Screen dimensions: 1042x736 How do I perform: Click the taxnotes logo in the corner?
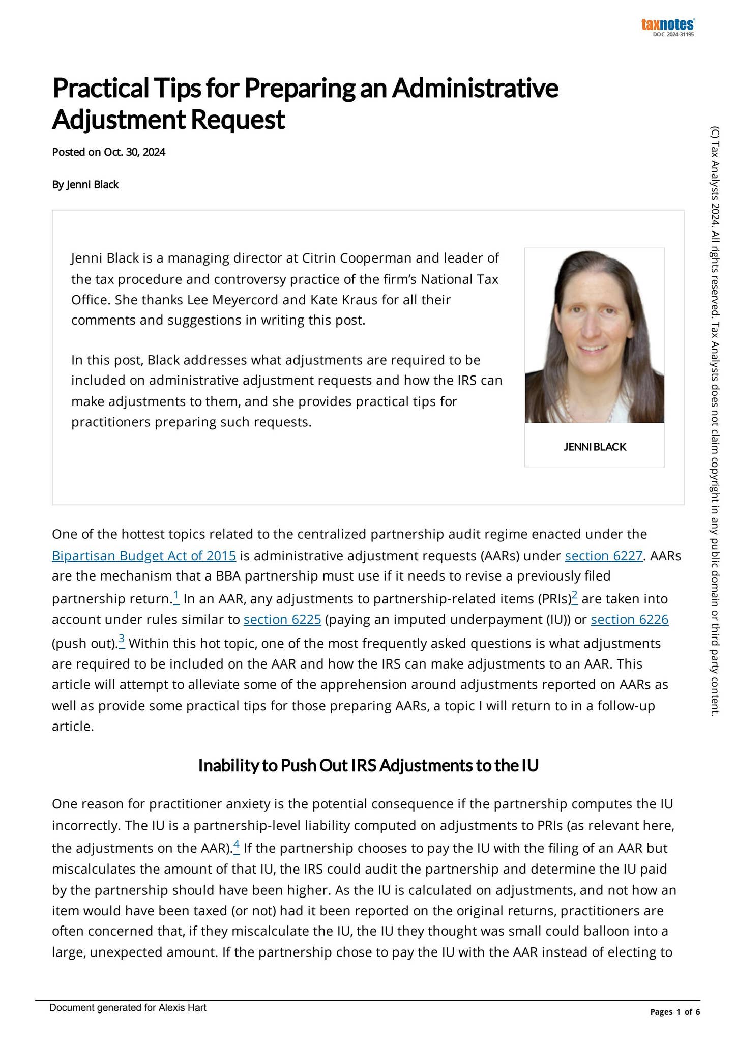[x=667, y=24]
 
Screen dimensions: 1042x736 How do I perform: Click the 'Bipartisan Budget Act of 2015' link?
[x=144, y=555]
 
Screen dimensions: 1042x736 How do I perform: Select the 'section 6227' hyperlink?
[x=603, y=555]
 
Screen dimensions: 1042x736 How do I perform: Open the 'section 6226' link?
[x=630, y=619]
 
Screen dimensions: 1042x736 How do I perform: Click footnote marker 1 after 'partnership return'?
[x=176, y=596]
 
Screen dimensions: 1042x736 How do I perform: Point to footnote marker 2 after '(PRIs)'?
[x=574, y=596]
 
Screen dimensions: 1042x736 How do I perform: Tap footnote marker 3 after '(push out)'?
[x=122, y=639]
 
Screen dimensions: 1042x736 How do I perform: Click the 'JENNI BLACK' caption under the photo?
[x=595, y=447]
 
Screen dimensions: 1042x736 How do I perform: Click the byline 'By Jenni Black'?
[x=85, y=185]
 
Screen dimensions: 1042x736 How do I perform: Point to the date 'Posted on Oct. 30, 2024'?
[x=109, y=152]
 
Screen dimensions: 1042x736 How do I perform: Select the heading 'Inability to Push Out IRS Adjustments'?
[x=368, y=765]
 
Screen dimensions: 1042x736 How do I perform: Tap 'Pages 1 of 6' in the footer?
[x=675, y=1012]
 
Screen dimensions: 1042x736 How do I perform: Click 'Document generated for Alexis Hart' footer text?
[x=128, y=1008]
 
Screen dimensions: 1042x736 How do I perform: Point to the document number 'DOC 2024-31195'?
[x=673, y=35]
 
